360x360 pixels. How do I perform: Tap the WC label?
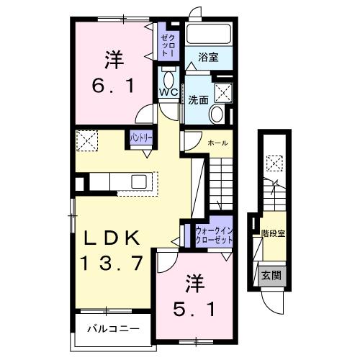[x=168, y=92]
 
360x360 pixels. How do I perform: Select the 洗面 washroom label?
[x=198, y=101]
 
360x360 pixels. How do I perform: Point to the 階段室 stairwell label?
[x=273, y=233]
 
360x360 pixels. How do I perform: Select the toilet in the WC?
[x=170, y=77]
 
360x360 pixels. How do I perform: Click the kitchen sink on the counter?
[x=139, y=181]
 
